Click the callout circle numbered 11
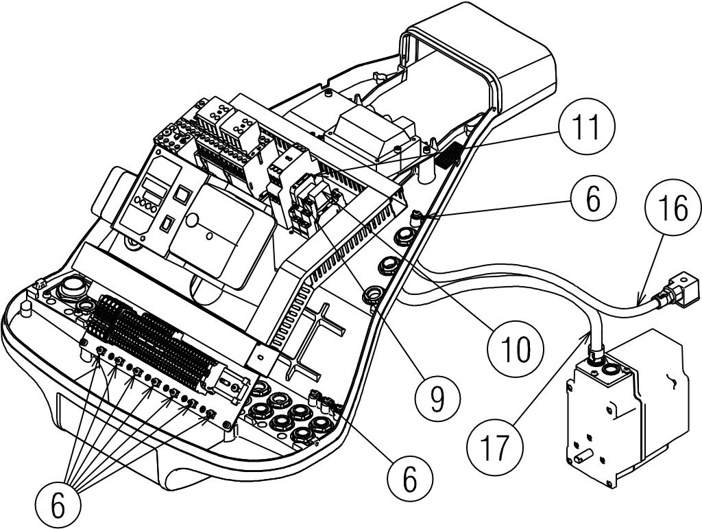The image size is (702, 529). pyautogui.click(x=587, y=127)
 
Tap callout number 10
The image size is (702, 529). pyautogui.click(x=516, y=349)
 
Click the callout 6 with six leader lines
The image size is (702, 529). pyautogui.click(x=59, y=505)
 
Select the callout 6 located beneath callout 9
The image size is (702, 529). pyautogui.click(x=410, y=478)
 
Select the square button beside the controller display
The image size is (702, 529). pyautogui.click(x=181, y=194)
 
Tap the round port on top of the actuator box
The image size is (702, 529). pyautogui.click(x=609, y=370)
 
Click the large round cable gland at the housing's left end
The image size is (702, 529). pyautogui.click(x=72, y=286)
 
